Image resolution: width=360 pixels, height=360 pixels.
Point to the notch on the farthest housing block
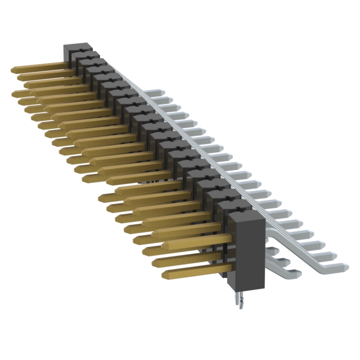tap(79, 50)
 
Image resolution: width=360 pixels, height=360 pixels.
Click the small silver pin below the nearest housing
tap(240, 301)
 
